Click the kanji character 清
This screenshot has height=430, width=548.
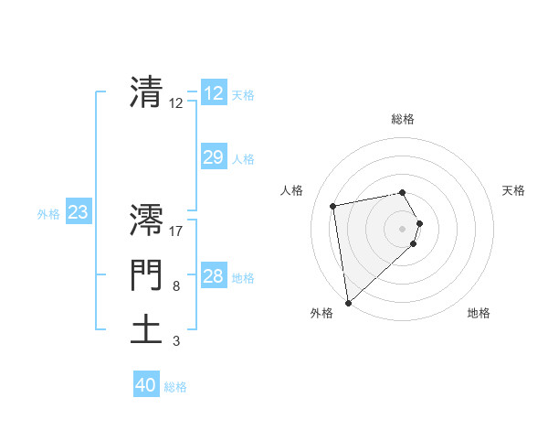click(146, 91)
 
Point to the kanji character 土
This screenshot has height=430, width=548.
click(146, 329)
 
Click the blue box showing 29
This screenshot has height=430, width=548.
click(213, 157)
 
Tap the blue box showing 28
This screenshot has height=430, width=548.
click(213, 276)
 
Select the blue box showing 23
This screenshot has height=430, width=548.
click(78, 213)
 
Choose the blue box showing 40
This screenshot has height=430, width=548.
click(146, 385)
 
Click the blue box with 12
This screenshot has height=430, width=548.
click(213, 93)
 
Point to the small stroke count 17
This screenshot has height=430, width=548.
click(176, 231)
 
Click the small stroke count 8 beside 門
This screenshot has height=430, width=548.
click(176, 286)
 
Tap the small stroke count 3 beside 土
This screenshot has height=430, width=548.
click(176, 341)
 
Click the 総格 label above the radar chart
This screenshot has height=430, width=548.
click(403, 119)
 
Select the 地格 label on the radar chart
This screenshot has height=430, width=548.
click(479, 313)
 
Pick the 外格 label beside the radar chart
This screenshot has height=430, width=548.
click(321, 313)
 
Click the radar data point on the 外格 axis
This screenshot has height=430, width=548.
click(348, 302)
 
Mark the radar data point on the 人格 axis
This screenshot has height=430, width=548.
click(334, 206)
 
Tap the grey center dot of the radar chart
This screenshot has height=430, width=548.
click(403, 228)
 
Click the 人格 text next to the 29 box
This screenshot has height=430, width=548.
click(243, 159)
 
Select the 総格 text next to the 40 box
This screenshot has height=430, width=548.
click(175, 387)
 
